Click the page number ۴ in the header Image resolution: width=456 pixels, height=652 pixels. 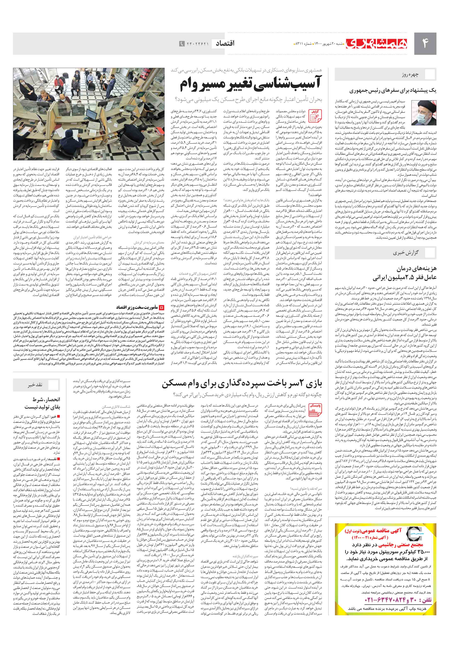[425, 43]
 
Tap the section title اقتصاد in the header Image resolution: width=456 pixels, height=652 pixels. [225, 43]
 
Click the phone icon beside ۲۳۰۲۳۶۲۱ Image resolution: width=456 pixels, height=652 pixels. [182, 44]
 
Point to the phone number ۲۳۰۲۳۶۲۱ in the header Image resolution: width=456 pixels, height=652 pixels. [198, 44]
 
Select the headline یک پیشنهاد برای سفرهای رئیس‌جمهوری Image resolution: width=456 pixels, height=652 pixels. [393, 91]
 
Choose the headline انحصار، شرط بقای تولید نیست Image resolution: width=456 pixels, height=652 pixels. [42, 403]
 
